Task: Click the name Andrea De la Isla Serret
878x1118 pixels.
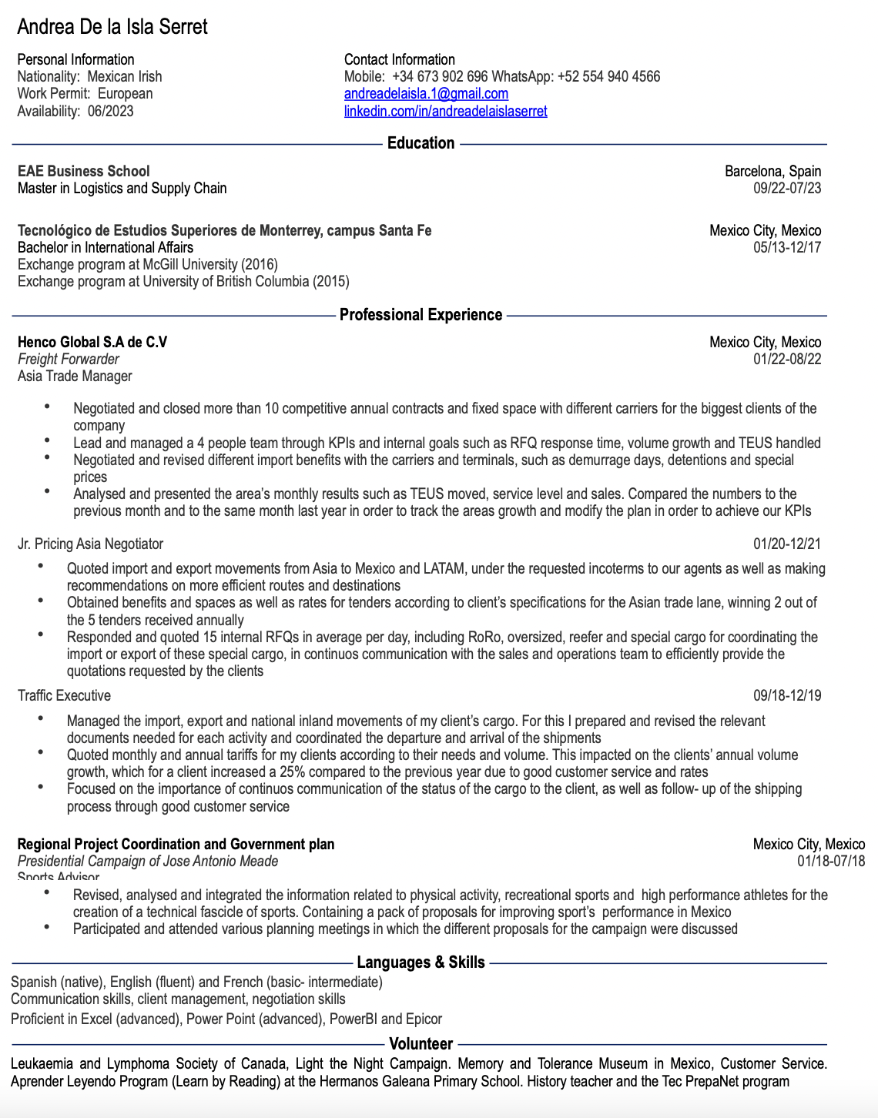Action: tap(112, 27)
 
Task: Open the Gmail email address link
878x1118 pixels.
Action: tap(426, 94)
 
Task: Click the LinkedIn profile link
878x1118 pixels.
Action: tap(445, 111)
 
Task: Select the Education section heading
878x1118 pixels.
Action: tap(421, 143)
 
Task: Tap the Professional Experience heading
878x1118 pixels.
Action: tap(421, 315)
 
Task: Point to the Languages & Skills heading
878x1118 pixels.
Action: tap(421, 962)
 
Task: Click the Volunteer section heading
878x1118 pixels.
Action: tap(421, 1044)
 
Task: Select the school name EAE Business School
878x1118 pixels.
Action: tap(83, 171)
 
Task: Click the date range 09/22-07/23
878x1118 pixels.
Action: tap(787, 188)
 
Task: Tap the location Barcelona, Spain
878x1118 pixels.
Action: tap(772, 171)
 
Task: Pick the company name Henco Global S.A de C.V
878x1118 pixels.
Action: tap(92, 342)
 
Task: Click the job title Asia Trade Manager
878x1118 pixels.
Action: tap(75, 376)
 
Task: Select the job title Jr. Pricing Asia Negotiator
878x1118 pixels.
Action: tap(90, 544)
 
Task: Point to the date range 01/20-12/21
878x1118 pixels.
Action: tap(787, 544)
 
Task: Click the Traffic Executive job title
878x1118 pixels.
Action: tap(64, 695)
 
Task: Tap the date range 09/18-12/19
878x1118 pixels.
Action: tap(787, 695)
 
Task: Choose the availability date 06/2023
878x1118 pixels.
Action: tap(110, 111)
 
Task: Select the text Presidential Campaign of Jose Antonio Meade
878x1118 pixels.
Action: tap(148, 861)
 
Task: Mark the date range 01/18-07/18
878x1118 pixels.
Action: tap(831, 861)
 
